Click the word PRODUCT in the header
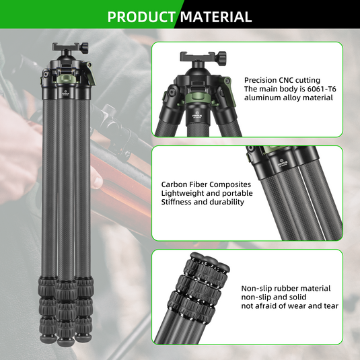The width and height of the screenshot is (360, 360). (x=141, y=17)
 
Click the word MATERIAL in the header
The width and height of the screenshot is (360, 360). (x=216, y=17)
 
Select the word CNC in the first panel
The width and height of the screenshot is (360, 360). (x=291, y=79)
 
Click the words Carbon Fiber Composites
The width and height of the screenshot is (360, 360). (x=206, y=184)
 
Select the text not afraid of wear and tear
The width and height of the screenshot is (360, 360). (x=290, y=306)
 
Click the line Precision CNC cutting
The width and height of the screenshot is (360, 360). (x=282, y=79)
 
